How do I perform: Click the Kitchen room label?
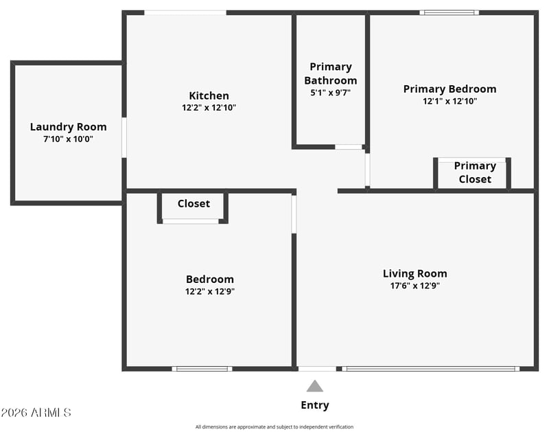point(209,95)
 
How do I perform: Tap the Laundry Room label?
point(68,127)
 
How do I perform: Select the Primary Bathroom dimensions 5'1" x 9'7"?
point(331,93)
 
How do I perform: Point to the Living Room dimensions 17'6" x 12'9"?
point(415,286)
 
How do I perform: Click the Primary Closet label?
point(475,172)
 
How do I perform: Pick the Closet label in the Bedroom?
point(194,203)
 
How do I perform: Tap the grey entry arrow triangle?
point(315,386)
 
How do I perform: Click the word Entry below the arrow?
point(315,405)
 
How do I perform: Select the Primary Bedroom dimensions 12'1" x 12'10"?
point(450,101)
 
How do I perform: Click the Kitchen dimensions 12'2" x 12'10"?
point(209,108)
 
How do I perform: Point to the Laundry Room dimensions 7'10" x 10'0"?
point(68,139)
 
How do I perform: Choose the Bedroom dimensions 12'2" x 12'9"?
point(210,291)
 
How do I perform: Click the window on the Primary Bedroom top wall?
point(449,12)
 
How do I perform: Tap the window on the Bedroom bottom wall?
point(202,369)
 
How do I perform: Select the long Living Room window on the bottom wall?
point(431,369)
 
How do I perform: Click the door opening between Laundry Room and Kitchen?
point(124,137)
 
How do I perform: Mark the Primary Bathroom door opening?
point(349,147)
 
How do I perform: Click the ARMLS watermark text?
point(36,413)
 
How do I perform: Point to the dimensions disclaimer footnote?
point(274,427)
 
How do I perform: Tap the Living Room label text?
point(415,273)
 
